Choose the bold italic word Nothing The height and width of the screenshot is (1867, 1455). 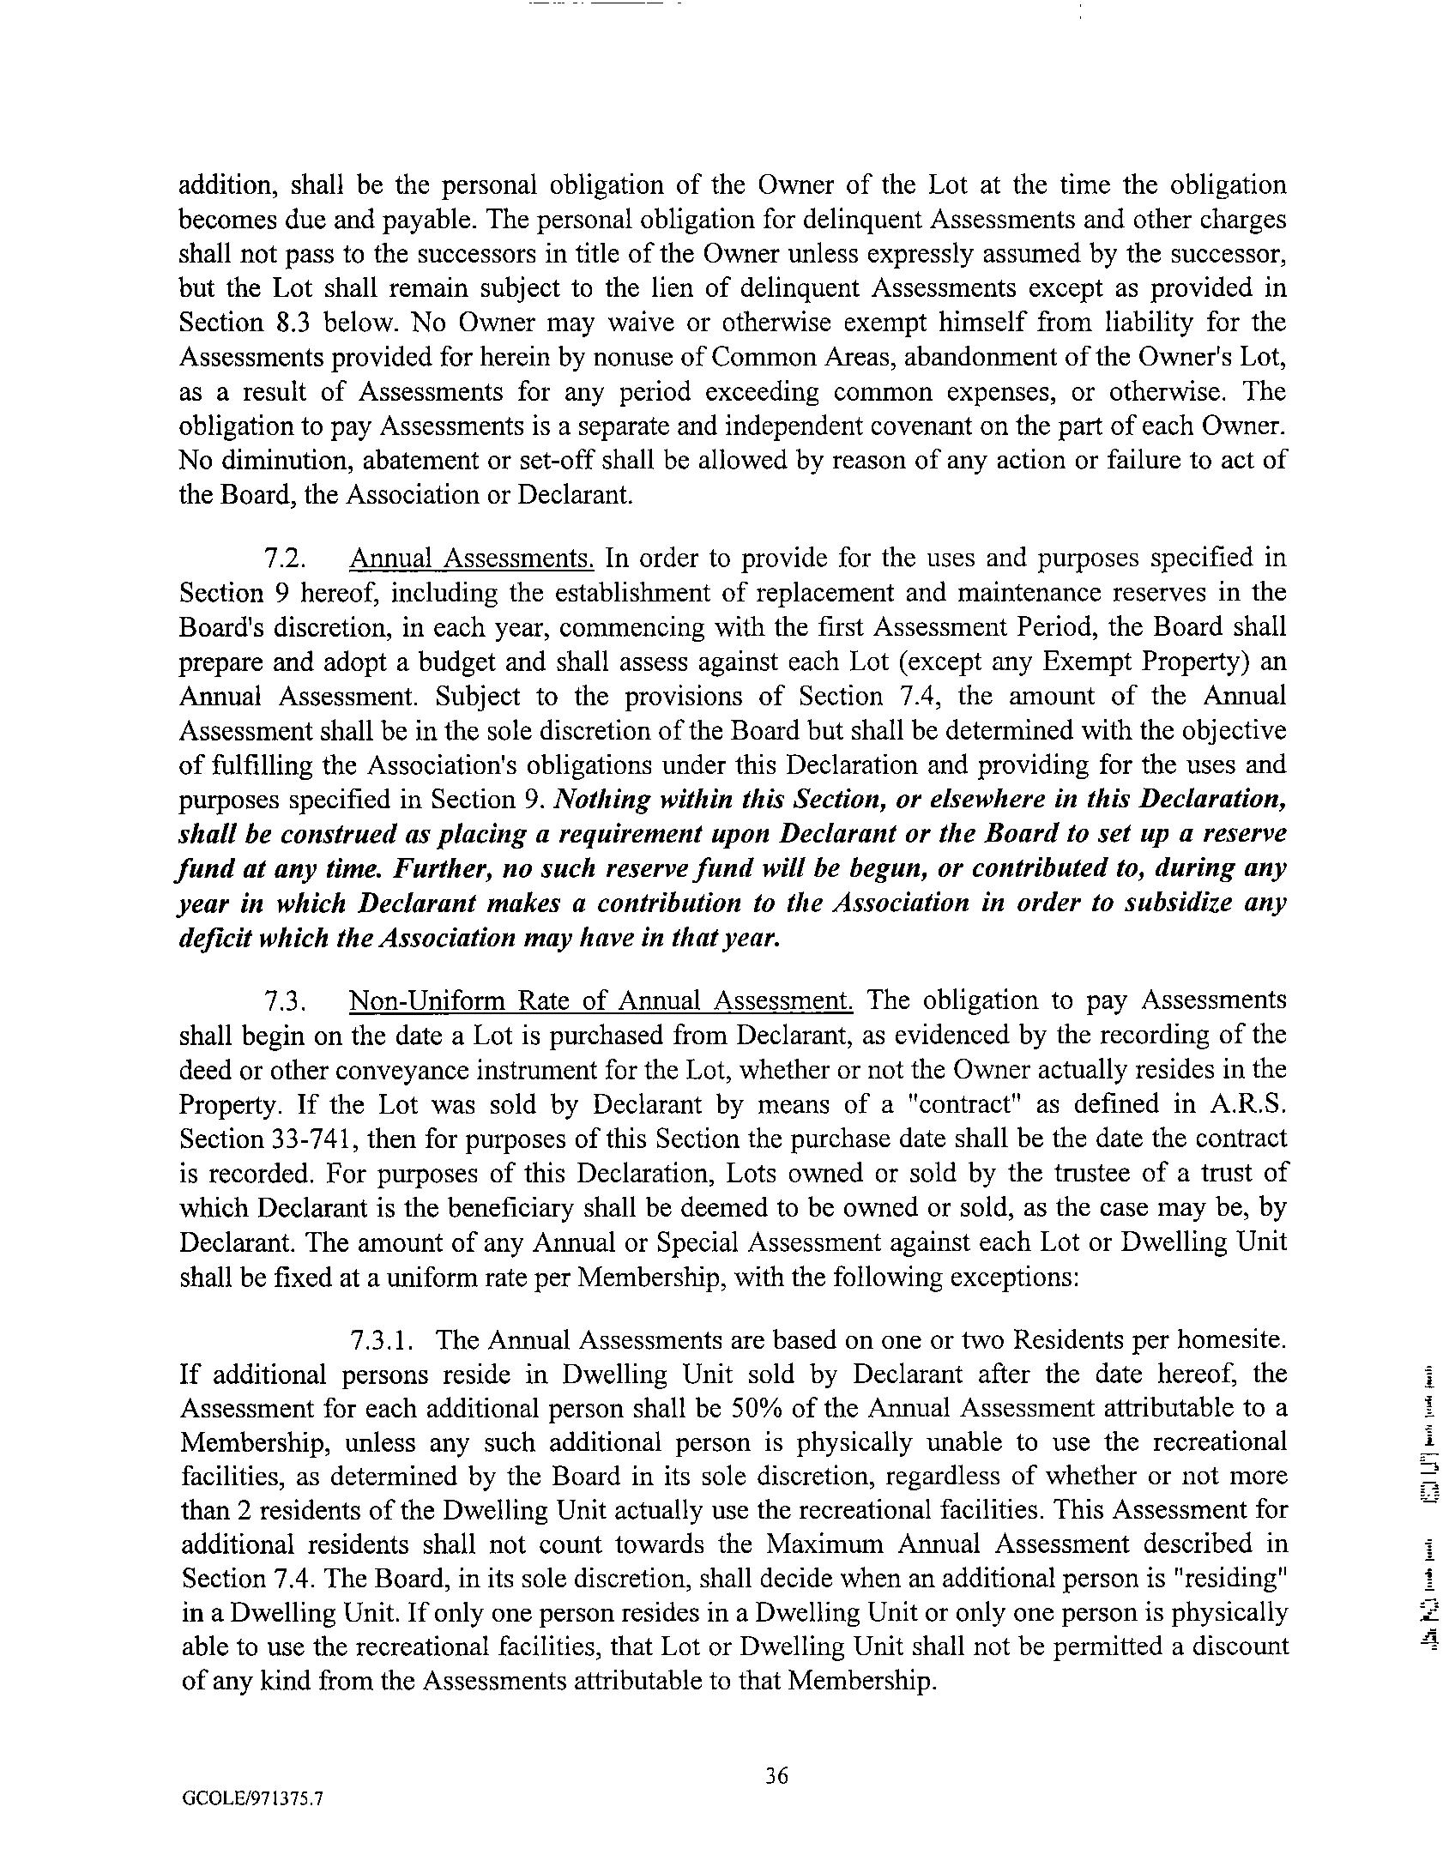tap(598, 800)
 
